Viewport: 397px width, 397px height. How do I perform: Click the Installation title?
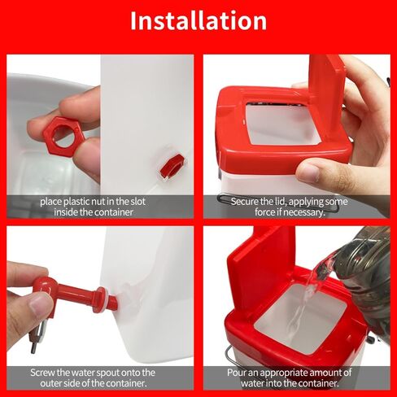(x=198, y=21)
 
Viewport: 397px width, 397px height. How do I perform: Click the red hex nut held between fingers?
(x=64, y=135)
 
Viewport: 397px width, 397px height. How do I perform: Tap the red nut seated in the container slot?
(x=172, y=165)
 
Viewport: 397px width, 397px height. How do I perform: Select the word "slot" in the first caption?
(x=138, y=202)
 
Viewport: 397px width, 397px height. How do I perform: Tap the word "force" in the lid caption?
(x=264, y=212)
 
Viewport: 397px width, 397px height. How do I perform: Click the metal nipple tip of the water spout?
(x=34, y=345)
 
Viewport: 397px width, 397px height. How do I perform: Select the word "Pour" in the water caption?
(x=237, y=373)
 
